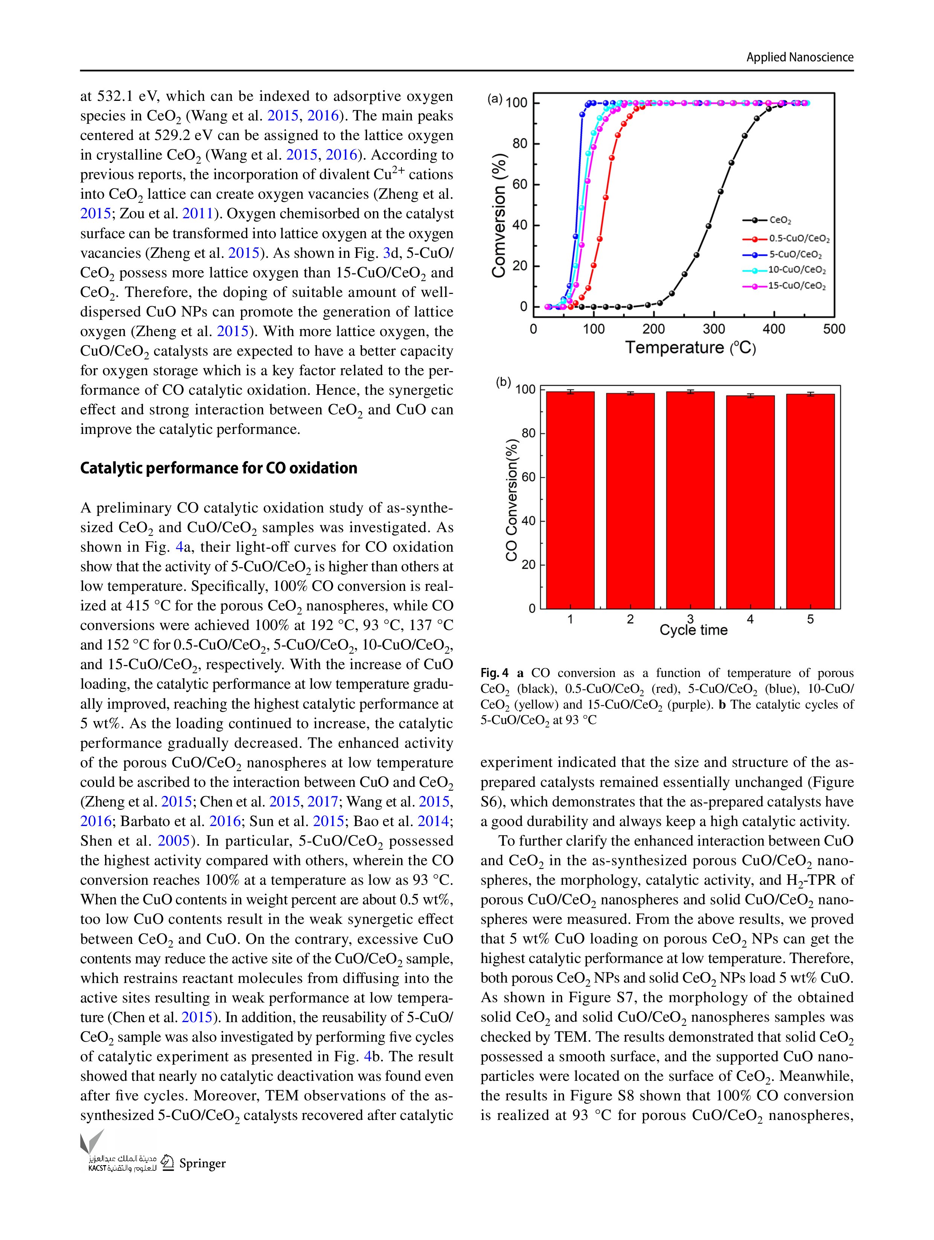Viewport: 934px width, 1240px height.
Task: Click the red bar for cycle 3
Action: pos(690,500)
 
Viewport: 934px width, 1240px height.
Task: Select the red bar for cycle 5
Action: pos(810,501)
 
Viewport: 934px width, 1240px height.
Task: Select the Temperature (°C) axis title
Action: pos(690,348)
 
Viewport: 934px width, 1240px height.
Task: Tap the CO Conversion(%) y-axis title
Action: pos(510,499)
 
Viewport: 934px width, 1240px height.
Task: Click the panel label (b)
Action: pos(503,382)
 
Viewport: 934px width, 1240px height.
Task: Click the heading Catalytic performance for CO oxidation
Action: pos(219,468)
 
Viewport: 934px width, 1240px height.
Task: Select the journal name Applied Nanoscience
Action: pos(800,57)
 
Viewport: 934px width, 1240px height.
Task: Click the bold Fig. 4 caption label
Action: pos(494,673)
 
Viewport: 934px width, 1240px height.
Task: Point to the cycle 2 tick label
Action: pos(630,619)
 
